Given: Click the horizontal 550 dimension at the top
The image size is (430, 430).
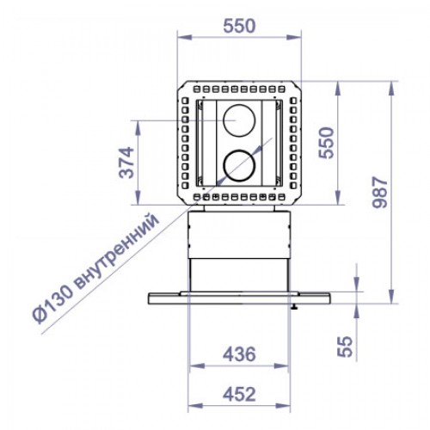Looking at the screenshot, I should pos(239,27).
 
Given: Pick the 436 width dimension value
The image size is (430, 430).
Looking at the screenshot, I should pos(238,353).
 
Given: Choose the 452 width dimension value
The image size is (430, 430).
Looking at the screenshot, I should pos(238,394).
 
